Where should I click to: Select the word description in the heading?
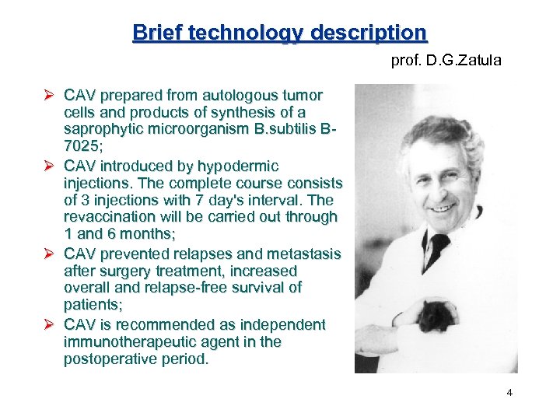point(369,33)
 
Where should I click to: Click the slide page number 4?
point(509,393)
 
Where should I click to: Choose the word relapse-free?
point(174,288)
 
